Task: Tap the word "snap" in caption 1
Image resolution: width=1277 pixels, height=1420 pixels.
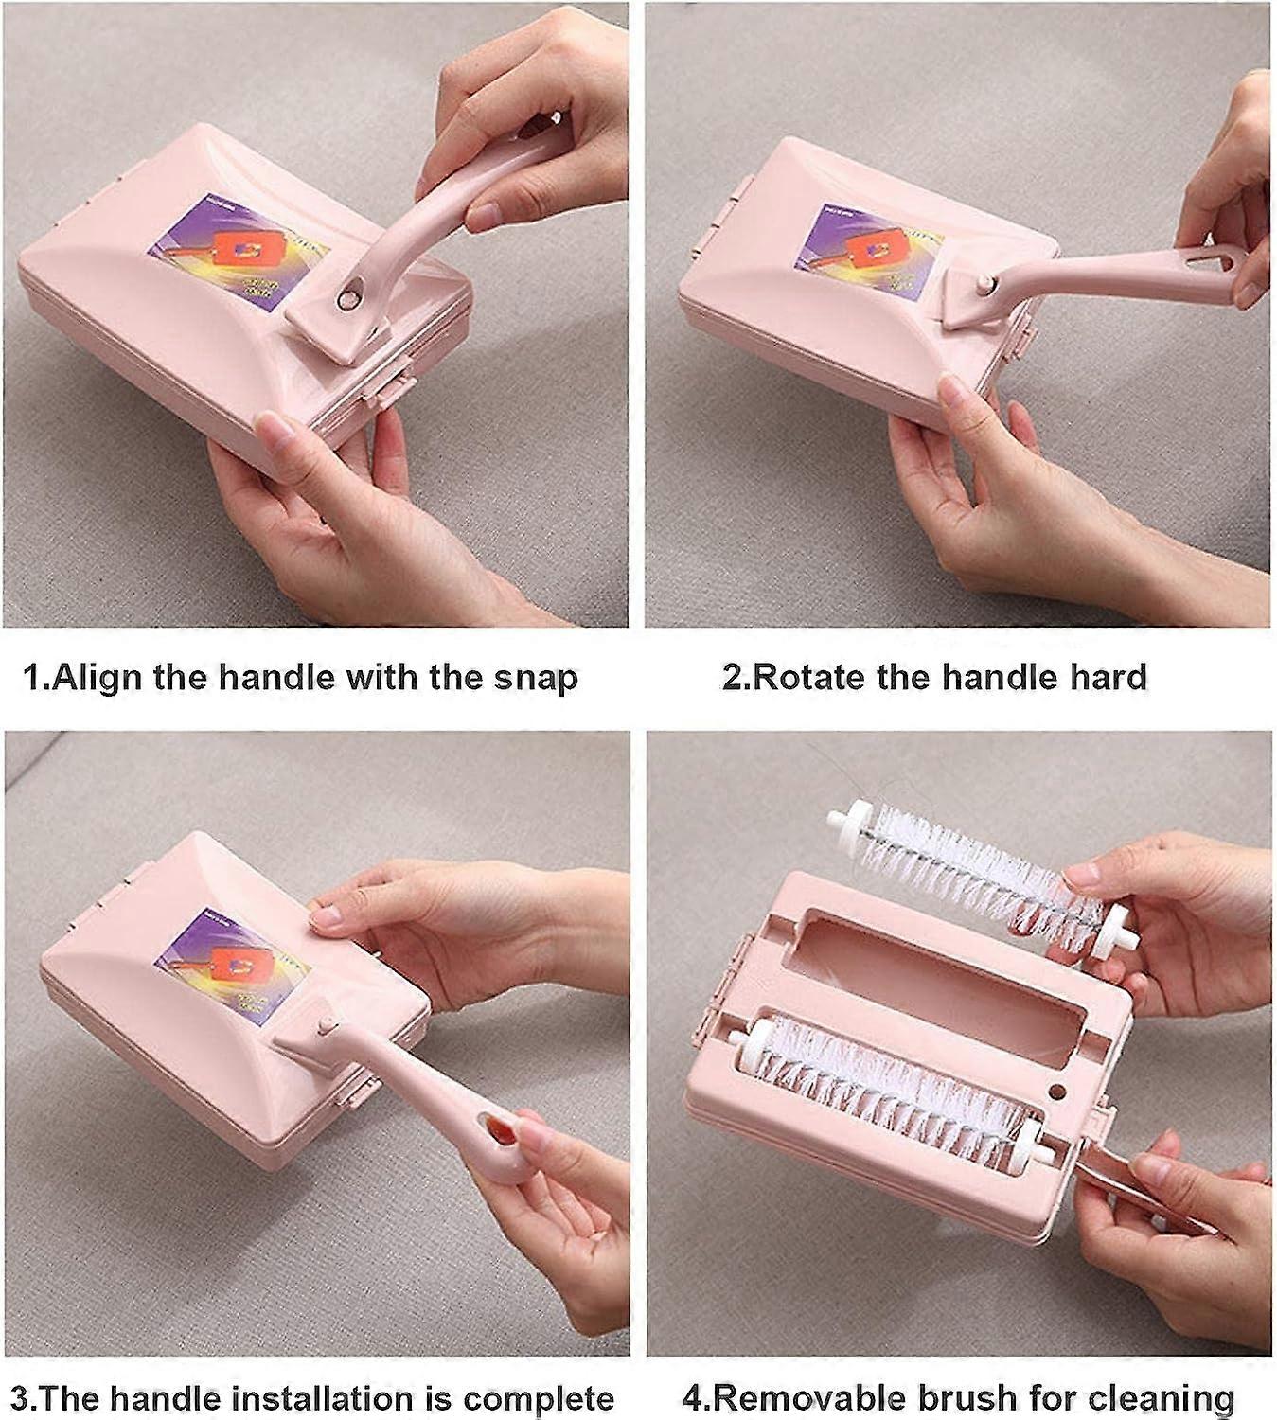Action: tap(535, 679)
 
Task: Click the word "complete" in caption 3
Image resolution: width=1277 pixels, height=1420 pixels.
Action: tap(539, 1399)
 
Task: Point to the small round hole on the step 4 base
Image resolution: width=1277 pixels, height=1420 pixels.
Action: tap(1057, 1092)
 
